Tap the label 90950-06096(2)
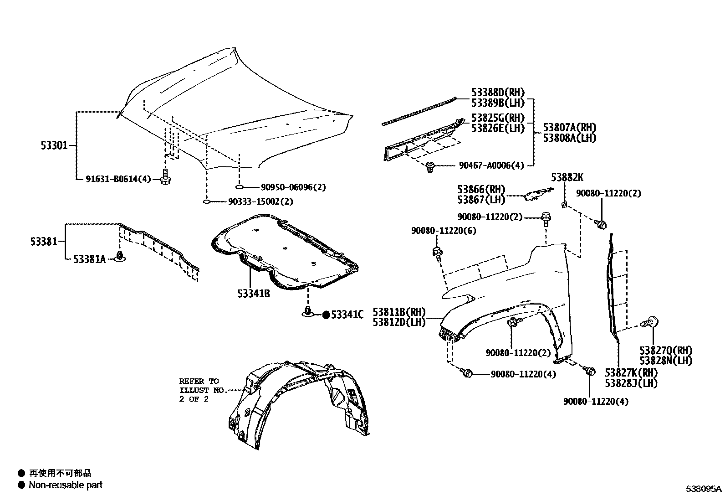coord(293,187)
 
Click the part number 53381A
coord(90,259)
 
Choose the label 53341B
coord(253,294)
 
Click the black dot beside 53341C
coord(326,315)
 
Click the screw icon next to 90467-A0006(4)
coord(429,168)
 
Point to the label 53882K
coord(567,177)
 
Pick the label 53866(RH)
coord(481,189)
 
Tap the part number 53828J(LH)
coord(631,383)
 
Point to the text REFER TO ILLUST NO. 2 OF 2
coord(199,390)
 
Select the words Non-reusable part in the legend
coord(66,485)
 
